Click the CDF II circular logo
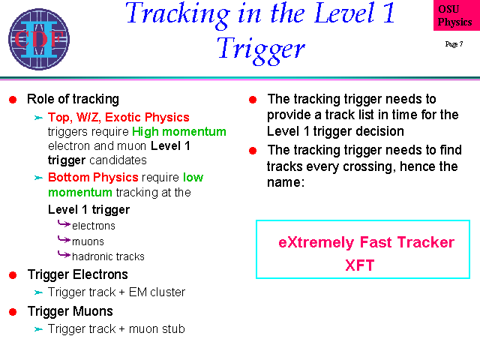coord(39,39)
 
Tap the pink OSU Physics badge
coord(457,15)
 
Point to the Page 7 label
coord(454,44)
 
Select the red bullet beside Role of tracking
coord(13,100)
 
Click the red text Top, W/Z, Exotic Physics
coord(118,117)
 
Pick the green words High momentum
coord(179,132)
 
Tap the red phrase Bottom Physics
coord(93,177)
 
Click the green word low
coord(193,177)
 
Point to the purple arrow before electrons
coord(64,224)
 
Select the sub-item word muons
coord(88,241)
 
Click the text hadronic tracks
coord(108,256)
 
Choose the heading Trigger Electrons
coord(78,274)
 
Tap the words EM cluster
coord(157,292)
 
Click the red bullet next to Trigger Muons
coord(13,312)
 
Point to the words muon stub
coord(157,328)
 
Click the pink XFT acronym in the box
coord(360,265)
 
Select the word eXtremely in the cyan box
coord(316,242)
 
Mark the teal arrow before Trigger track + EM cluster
coord(38,292)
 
